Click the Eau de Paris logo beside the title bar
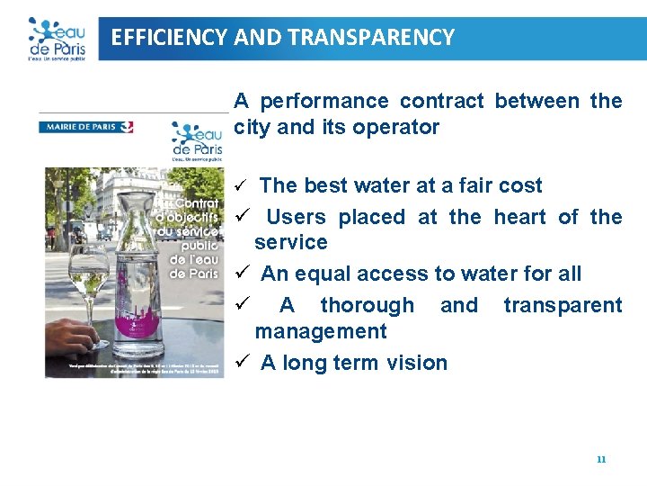coord(56,39)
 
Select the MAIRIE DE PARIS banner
coord(86,127)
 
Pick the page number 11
coord(601,459)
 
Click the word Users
coord(296,217)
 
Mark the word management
coord(320,331)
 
